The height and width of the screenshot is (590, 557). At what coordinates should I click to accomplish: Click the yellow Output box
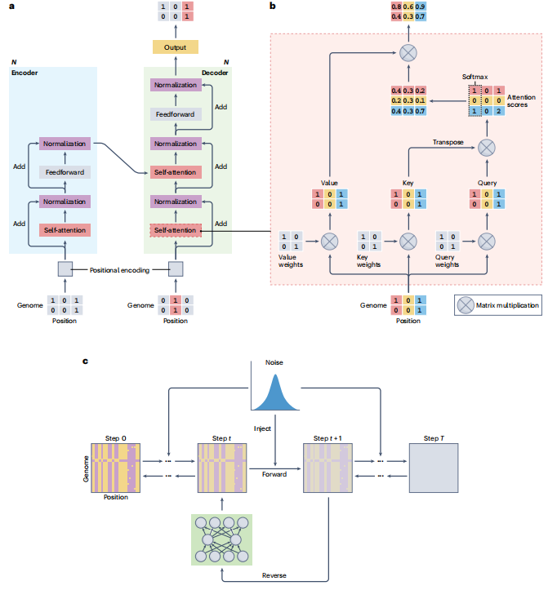[x=175, y=47]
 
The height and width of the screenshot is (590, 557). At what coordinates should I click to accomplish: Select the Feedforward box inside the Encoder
[x=64, y=172]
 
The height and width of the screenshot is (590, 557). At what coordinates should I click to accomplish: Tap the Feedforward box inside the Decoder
[x=175, y=114]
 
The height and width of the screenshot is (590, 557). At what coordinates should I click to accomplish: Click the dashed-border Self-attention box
[x=175, y=231]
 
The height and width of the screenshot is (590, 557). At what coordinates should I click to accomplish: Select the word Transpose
[x=448, y=141]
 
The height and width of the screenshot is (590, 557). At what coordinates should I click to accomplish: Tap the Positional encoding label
[x=120, y=268]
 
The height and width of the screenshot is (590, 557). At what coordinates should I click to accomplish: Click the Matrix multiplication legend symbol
[x=466, y=306]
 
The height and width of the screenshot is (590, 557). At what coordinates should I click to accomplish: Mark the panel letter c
[x=87, y=360]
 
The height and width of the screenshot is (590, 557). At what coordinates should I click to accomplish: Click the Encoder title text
[x=25, y=73]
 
